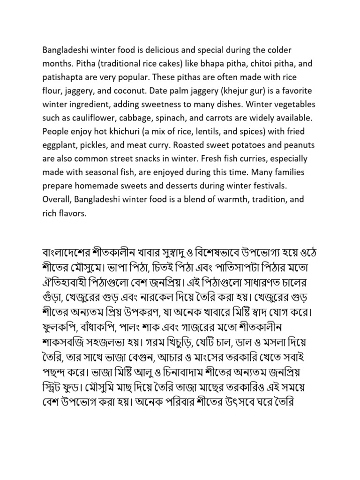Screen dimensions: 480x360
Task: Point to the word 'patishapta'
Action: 62,76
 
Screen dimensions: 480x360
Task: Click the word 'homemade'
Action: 96,185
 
